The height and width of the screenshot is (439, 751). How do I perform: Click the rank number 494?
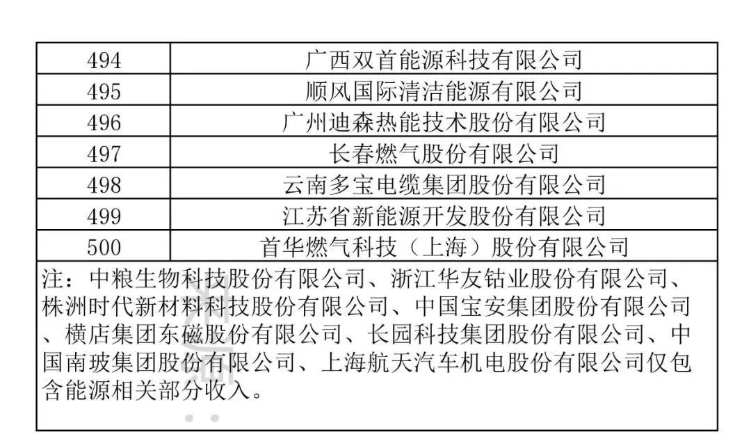tap(104, 61)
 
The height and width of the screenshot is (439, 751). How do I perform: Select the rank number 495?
tap(104, 91)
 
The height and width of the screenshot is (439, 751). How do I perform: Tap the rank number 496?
tap(104, 122)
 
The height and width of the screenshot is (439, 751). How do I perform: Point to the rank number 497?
tap(104, 154)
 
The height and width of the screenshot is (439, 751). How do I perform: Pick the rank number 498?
tap(104, 185)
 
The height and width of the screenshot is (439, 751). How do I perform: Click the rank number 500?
tap(104, 247)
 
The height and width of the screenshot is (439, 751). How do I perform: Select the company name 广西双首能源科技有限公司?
tap(444, 61)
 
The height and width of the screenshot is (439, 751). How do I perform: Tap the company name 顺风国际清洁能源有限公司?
tap(444, 91)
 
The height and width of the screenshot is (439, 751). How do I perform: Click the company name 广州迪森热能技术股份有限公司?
tap(444, 122)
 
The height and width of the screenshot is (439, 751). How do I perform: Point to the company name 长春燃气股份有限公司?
tap(444, 154)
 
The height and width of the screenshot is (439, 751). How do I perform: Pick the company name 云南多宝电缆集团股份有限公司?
tap(444, 185)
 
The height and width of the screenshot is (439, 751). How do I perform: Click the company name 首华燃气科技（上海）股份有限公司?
tap(444, 247)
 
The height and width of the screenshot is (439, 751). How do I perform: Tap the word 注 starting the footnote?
tap(53, 280)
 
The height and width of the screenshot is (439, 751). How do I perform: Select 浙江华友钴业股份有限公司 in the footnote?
tap(528, 280)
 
